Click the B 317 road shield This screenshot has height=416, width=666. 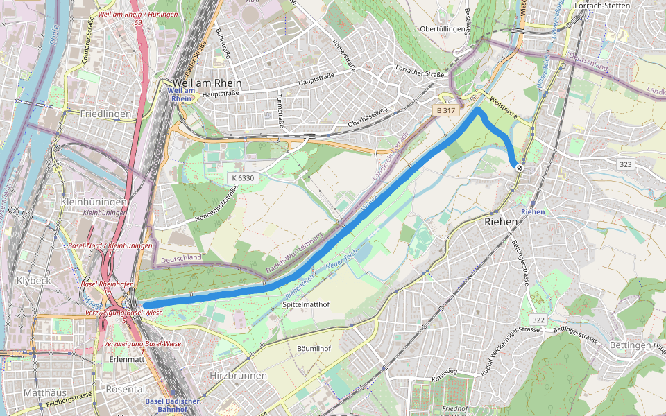point(447,110)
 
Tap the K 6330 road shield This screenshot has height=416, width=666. point(244,178)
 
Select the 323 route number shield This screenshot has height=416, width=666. point(625,164)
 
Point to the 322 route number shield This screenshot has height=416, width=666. point(538,319)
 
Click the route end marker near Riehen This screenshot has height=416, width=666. point(519,166)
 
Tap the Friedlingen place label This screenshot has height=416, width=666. point(105,114)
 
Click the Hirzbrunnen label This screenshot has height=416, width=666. point(238,375)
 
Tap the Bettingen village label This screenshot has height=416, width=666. point(631,345)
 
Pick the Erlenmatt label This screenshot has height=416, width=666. point(127,360)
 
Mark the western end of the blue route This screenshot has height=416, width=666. point(145,305)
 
